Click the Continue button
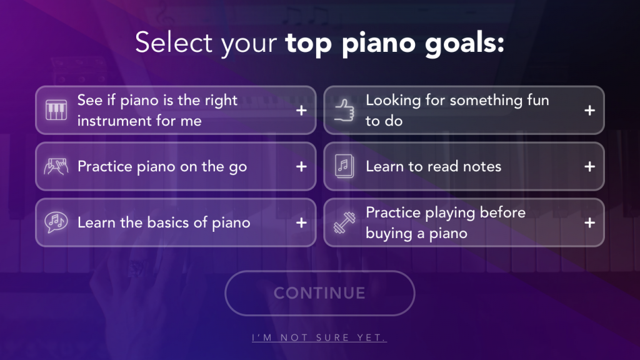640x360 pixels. [319, 293]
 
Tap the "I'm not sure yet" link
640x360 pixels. [319, 337]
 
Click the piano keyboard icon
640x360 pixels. [56, 110]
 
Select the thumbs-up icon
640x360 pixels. [344, 110]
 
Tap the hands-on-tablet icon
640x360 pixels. [56, 166]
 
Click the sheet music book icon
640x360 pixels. [344, 166]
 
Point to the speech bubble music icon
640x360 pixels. [56, 222]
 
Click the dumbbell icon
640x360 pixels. [344, 223]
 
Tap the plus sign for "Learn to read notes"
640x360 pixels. [589, 166]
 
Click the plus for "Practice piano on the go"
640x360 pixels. [301, 166]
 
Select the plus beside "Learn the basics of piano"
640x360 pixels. [301, 222]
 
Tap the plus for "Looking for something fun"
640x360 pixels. [589, 110]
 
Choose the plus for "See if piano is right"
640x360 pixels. [301, 110]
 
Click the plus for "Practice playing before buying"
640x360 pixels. [589, 222]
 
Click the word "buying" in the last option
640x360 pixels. [389, 234]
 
